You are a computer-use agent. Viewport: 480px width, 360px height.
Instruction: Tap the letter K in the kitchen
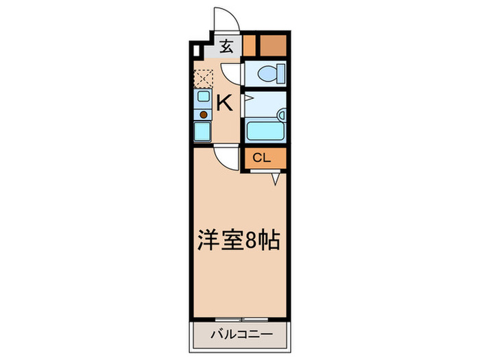coord(224,103)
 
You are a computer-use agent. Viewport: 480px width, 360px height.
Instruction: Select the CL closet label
coord(261,158)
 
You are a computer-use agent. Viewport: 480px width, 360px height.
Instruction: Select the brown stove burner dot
coord(204,115)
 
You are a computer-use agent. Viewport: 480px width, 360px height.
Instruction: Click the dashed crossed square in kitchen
coord(204,79)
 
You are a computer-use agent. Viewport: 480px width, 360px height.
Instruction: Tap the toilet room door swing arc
coord(233,73)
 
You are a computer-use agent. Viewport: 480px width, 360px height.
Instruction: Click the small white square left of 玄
coord(197,50)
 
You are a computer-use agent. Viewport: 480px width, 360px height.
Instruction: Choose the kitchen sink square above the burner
coord(204,97)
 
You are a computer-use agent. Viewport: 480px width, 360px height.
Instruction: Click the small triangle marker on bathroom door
coord(249,99)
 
